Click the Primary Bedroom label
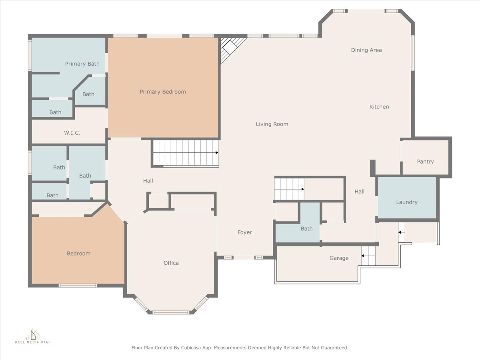[x=163, y=92]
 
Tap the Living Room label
[x=272, y=124]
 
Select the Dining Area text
[x=366, y=50]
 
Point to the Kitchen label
[x=379, y=107]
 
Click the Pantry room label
[x=425, y=162]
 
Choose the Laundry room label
[x=407, y=202]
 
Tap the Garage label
[x=339, y=258]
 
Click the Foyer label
[x=245, y=232]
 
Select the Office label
[x=171, y=263]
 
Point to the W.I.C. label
[x=72, y=133]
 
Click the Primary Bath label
[x=82, y=64]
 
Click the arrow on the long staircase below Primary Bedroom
[x=217, y=152]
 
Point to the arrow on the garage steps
[x=362, y=256]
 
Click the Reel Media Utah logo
[x=33, y=336]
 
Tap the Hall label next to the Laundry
[x=359, y=192]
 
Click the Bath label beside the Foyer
[x=306, y=229]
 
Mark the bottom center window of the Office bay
[x=170, y=312]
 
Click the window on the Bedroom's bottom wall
[x=78, y=286]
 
